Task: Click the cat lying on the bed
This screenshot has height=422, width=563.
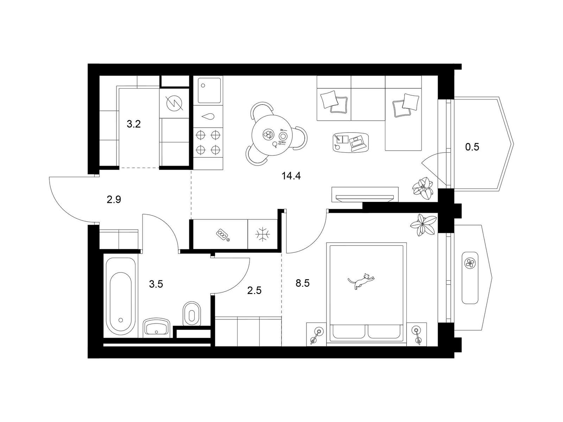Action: click(x=360, y=281)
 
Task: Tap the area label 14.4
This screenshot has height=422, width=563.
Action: click(x=291, y=176)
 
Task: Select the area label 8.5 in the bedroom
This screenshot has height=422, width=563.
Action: click(x=303, y=283)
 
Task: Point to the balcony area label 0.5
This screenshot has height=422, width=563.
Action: click(x=472, y=147)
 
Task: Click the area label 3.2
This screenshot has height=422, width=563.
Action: click(x=134, y=124)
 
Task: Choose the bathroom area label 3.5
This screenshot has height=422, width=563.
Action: click(x=156, y=284)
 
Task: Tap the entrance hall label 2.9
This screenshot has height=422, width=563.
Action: click(x=114, y=199)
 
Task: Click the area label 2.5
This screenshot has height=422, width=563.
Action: click(x=254, y=290)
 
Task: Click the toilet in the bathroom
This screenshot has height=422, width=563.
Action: click(x=192, y=314)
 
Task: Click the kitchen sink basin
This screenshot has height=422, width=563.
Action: click(x=209, y=90)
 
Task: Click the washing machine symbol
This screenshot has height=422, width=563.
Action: click(x=175, y=103)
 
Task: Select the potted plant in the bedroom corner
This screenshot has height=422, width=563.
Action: click(x=423, y=225)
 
